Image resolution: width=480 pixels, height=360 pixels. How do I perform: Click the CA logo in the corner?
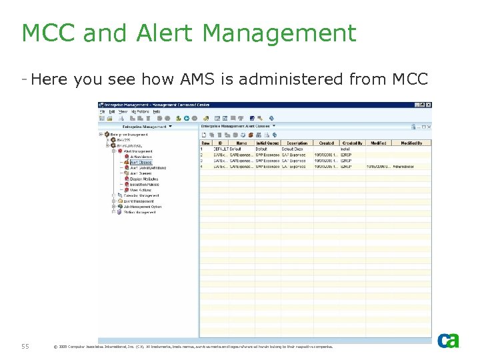pyautogui.click(x=448, y=341)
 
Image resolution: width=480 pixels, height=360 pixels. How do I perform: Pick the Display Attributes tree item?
pyautogui.click(x=144, y=179)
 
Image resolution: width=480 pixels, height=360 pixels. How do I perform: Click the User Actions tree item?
pyautogui.click(x=141, y=190)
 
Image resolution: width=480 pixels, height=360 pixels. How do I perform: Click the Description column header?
pyautogui.click(x=297, y=143)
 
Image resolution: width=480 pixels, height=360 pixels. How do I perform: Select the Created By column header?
pyautogui.click(x=352, y=143)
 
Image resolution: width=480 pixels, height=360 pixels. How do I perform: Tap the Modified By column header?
pyautogui.click(x=411, y=143)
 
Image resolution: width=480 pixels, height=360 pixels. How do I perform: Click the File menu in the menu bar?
pyautogui.click(x=103, y=111)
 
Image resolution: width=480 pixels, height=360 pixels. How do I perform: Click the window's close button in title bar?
pyautogui.click(x=427, y=105)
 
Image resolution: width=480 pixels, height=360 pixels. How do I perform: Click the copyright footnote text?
pyautogui.click(x=193, y=347)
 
